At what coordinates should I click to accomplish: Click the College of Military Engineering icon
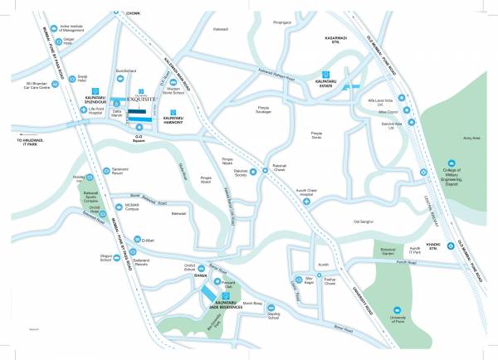pyautogui.click(x=452, y=164)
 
